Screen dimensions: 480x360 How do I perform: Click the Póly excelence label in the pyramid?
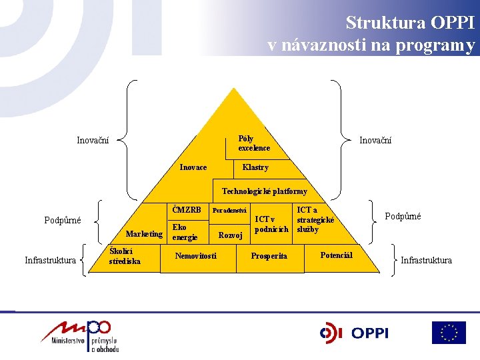[254, 143]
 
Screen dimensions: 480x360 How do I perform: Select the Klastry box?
[256, 167]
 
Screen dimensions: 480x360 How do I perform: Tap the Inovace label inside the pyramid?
[193, 167]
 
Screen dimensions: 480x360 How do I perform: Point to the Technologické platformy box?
[264, 191]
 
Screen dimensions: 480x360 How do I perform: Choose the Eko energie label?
[185, 232]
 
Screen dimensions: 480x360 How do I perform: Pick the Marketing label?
[144, 234]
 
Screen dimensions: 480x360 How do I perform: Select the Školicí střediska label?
[125, 257]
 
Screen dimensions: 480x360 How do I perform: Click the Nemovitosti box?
[195, 256]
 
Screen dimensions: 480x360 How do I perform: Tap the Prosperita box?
[269, 256]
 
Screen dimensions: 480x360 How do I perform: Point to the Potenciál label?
[336, 255]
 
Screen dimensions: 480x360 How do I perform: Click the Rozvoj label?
[230, 235]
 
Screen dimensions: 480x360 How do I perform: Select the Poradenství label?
[229, 211]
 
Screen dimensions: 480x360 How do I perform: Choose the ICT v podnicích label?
[272, 224]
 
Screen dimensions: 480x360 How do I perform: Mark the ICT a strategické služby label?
[315, 219]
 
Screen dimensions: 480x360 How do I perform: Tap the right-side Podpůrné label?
[403, 217]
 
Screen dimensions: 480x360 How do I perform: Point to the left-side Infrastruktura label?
[50, 260]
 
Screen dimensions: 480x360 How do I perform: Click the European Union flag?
[449, 333]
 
